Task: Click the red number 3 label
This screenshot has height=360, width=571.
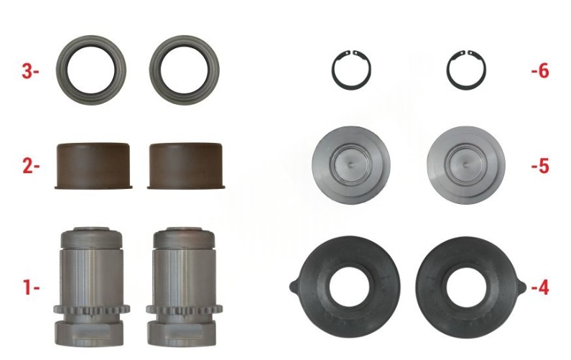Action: (x=30, y=71)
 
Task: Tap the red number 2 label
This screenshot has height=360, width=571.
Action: (x=31, y=166)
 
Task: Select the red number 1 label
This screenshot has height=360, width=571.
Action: (x=32, y=287)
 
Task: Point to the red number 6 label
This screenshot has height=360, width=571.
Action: (x=539, y=71)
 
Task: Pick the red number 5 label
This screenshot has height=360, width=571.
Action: (x=539, y=166)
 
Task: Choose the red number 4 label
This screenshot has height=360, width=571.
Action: (x=539, y=288)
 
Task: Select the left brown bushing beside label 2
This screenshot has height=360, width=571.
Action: (x=93, y=166)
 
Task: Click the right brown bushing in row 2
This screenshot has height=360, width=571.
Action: (x=186, y=166)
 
